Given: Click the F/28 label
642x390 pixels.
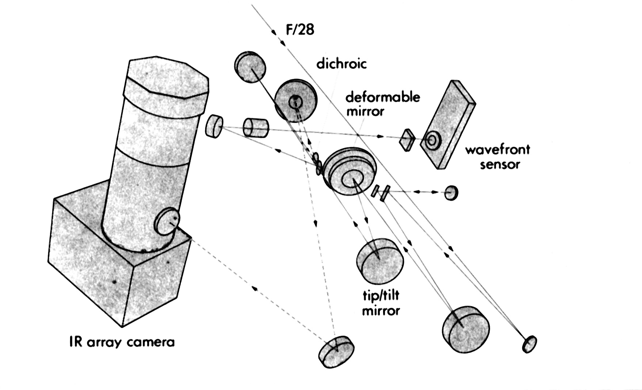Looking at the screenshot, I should pos(300,29).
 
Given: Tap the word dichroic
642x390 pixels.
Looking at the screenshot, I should pos(341,64).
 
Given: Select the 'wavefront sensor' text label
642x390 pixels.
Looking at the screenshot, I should pos(497,157).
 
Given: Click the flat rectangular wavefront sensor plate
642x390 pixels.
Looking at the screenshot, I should pos(447,124).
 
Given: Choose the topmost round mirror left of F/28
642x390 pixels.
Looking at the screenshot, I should pos(250,67).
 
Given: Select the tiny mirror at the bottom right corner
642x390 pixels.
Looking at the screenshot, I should pos(530,344).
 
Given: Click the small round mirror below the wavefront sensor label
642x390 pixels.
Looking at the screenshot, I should pos(451,192).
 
